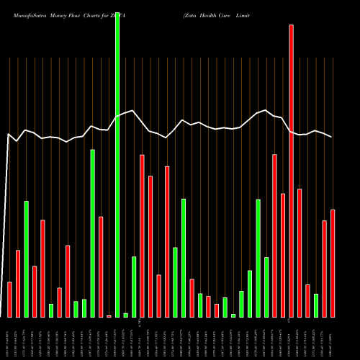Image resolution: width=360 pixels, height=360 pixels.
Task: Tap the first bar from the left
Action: coord(9,299)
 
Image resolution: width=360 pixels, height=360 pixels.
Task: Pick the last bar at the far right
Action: coord(333,263)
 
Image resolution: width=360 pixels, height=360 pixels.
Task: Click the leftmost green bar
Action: coord(27,258)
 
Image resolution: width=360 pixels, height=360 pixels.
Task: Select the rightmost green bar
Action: coord(316,305)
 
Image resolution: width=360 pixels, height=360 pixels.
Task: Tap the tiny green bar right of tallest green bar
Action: coord(126,315)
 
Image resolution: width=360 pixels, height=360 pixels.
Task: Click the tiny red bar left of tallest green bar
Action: coord(109,315)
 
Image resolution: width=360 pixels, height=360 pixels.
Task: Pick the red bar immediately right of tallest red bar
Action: coord(300,253)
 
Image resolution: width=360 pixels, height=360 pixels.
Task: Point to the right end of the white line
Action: coord(332,137)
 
